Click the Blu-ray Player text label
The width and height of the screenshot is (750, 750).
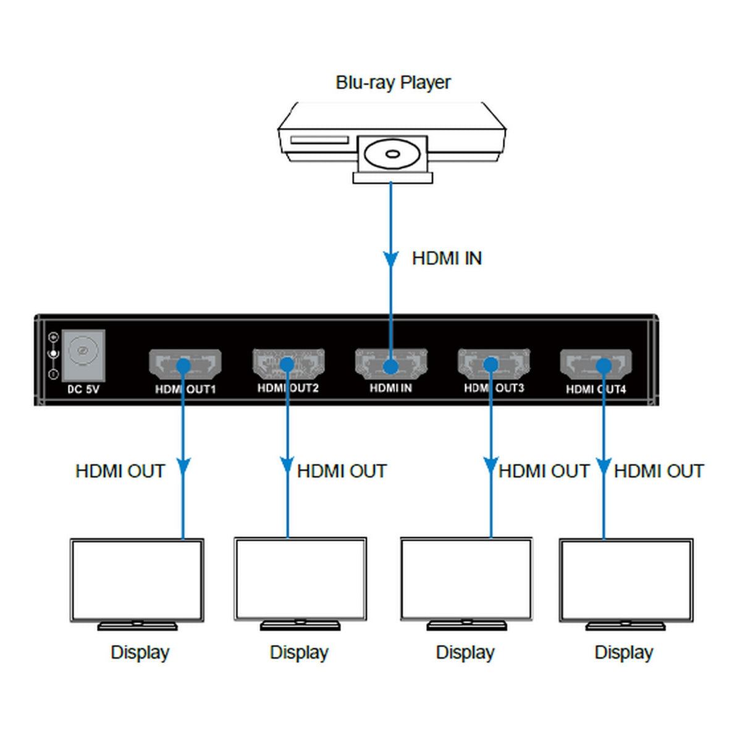click(x=393, y=82)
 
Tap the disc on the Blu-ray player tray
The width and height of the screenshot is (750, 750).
click(x=392, y=153)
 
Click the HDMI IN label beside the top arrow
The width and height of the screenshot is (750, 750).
click(x=447, y=258)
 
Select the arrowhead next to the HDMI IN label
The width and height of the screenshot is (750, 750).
click(x=390, y=258)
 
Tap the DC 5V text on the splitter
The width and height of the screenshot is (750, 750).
click(x=83, y=389)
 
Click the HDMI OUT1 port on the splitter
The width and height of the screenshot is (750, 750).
click(x=185, y=364)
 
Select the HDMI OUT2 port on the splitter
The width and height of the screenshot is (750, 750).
click(x=288, y=363)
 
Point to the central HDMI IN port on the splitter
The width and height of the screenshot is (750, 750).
click(x=391, y=364)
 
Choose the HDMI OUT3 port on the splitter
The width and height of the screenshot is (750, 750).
click(x=493, y=363)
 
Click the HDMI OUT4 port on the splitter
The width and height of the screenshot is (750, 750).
click(x=596, y=364)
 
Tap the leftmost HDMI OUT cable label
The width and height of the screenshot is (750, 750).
click(x=120, y=471)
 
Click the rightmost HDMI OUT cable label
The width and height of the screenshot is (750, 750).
click(x=659, y=471)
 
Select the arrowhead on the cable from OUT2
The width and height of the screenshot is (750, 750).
click(x=287, y=465)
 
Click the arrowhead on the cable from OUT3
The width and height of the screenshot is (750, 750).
click(x=491, y=465)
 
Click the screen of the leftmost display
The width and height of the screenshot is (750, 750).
click(x=137, y=579)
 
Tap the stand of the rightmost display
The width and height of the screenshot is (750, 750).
click(x=625, y=625)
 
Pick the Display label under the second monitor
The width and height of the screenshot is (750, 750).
click(x=299, y=652)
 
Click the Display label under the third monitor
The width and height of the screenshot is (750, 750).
click(x=465, y=652)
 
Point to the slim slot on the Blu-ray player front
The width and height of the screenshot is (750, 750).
click(x=319, y=140)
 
